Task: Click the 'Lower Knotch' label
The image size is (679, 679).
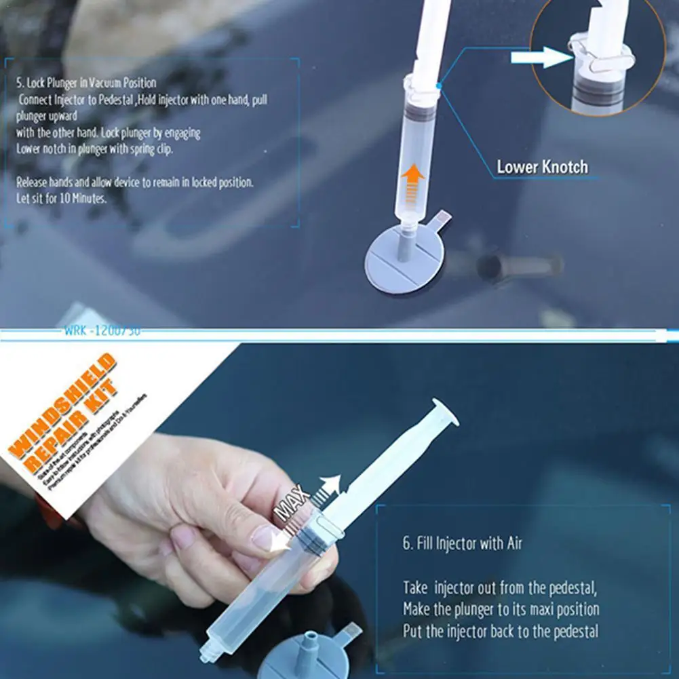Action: (542, 167)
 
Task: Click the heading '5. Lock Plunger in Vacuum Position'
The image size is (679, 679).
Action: (87, 83)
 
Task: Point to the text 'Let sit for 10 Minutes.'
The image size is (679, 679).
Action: (62, 199)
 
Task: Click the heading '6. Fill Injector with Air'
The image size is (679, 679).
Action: (462, 543)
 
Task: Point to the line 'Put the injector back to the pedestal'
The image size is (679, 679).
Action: (501, 632)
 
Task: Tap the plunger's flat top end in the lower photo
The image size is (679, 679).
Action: (445, 411)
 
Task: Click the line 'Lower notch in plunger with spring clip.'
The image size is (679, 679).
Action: (94, 150)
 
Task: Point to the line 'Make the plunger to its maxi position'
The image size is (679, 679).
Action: (501, 609)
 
